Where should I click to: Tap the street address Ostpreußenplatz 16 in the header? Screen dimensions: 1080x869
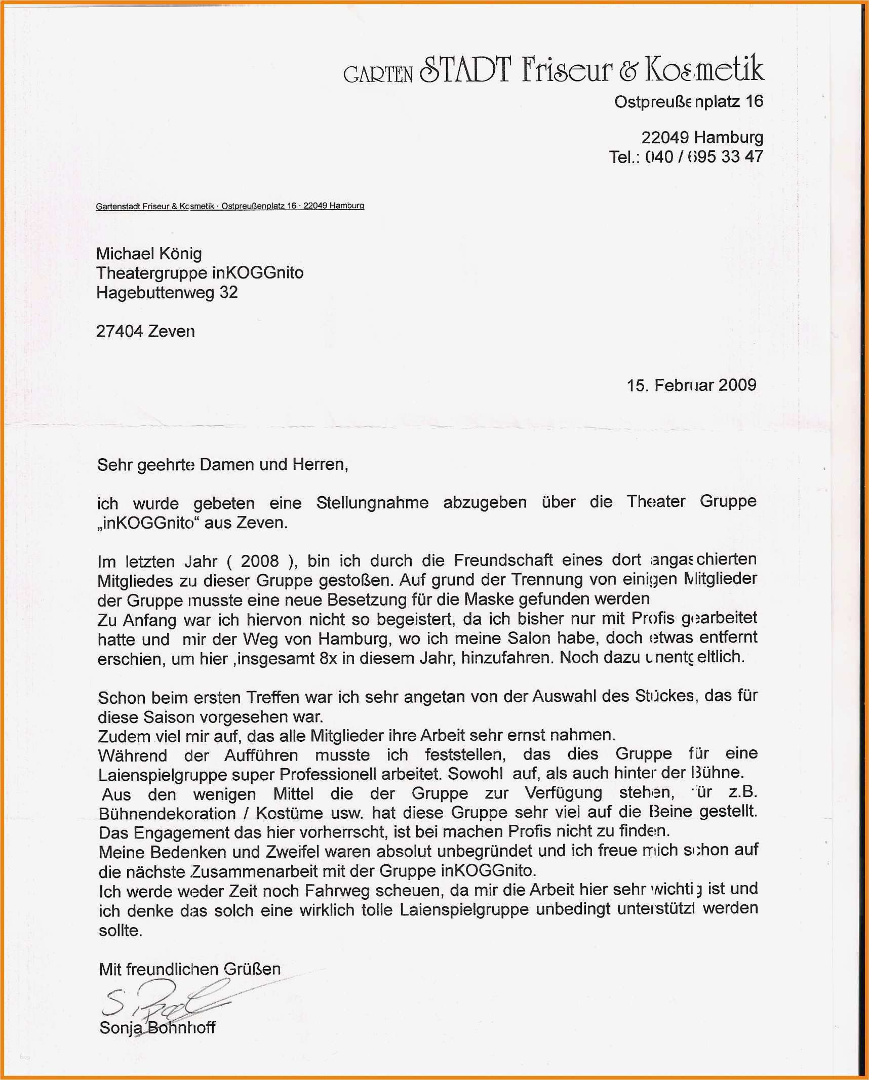click(x=689, y=102)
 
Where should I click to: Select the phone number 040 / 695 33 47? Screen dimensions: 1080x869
click(x=704, y=156)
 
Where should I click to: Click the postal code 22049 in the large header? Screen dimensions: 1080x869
click(x=665, y=137)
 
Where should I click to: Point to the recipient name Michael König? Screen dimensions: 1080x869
click(x=149, y=254)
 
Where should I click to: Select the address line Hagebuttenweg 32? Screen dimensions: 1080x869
click(x=167, y=293)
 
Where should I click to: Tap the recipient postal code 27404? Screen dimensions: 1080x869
click(x=120, y=332)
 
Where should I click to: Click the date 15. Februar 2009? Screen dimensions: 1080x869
click(x=691, y=385)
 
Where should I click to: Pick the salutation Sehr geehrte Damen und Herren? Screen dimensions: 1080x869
click(x=222, y=464)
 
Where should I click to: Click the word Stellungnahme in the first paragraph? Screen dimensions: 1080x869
click(x=372, y=503)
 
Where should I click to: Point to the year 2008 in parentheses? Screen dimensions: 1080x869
click(x=260, y=561)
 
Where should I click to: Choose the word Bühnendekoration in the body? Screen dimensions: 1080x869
click(x=167, y=814)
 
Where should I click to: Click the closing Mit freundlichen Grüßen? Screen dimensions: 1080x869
click(x=189, y=969)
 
